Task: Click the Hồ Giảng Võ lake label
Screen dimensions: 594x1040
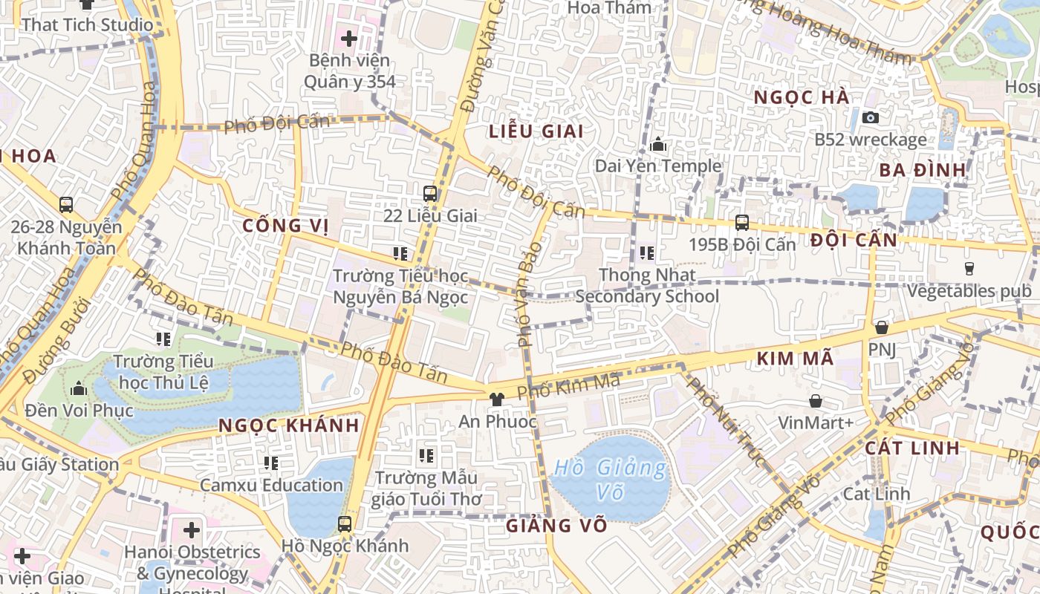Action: tap(611, 479)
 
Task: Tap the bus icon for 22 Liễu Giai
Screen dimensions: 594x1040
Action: tap(430, 194)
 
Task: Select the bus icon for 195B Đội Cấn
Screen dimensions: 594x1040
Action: tap(741, 223)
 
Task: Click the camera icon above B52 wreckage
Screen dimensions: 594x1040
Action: tap(871, 117)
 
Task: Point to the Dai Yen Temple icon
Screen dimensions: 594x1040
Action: tap(658, 144)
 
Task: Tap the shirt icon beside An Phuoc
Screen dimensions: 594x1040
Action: tap(497, 399)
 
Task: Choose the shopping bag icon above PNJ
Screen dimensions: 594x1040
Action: tap(882, 327)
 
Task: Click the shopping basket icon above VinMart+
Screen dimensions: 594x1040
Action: tap(816, 402)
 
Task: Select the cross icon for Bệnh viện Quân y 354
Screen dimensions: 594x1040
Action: tap(349, 38)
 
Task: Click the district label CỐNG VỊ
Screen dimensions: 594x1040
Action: tap(285, 225)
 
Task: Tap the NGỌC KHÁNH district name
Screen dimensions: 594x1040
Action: tap(290, 425)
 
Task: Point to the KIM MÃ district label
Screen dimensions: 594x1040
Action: tap(795, 359)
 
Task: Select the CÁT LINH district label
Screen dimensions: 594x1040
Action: tap(912, 448)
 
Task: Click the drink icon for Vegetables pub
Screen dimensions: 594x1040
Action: tap(969, 269)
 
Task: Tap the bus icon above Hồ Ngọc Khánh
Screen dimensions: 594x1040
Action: tap(345, 524)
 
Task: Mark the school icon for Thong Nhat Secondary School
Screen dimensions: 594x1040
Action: tap(647, 253)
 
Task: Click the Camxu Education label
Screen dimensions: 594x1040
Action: tap(271, 485)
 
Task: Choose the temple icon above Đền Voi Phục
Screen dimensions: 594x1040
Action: tap(79, 388)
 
